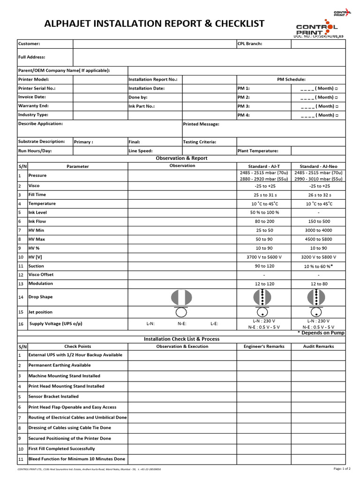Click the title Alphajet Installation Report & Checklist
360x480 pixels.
point(154,24)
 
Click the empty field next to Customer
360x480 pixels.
point(154,44)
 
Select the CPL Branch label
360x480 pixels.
point(250,44)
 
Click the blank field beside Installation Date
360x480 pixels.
point(209,88)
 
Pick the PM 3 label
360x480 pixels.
point(244,106)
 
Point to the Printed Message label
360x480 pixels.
point(201,124)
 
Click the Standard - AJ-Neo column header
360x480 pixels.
point(318,166)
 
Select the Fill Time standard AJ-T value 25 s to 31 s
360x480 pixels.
point(264,195)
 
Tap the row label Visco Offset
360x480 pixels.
point(41,275)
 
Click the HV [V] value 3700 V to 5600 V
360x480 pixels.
point(264,257)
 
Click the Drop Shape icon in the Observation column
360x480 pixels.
point(182,297)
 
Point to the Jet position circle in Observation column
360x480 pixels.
point(182,312)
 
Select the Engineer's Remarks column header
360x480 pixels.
point(264,346)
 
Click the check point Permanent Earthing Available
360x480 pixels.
point(60,365)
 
